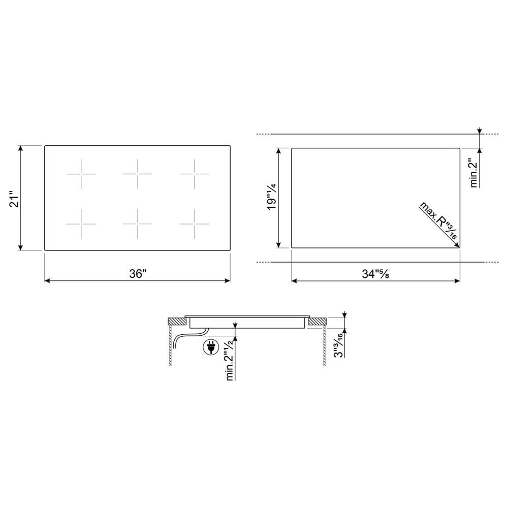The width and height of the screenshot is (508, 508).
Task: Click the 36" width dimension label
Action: click(138, 274)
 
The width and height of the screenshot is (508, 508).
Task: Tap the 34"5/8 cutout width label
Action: click(375, 274)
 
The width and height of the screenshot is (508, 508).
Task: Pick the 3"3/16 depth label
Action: click(338, 345)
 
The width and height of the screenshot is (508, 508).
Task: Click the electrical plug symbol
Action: click(211, 347)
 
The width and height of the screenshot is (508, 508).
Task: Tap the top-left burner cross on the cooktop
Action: click(81, 174)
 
